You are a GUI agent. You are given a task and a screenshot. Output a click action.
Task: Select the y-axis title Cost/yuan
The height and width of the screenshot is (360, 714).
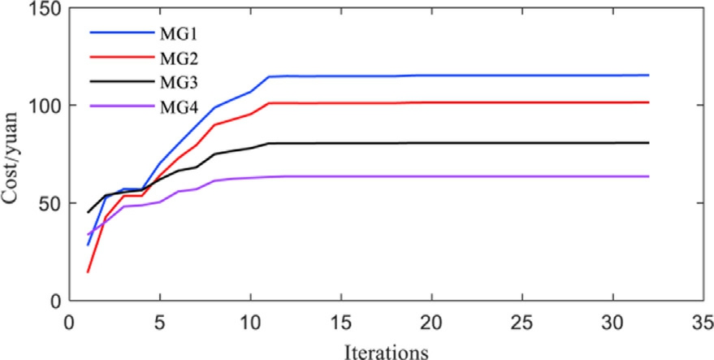12,154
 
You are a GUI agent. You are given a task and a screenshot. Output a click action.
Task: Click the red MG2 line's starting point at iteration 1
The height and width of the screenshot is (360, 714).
88,272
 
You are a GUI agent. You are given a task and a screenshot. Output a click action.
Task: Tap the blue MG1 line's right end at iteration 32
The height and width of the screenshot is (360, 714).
649,76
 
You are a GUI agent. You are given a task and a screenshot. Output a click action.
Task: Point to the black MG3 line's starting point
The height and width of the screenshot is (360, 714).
88,212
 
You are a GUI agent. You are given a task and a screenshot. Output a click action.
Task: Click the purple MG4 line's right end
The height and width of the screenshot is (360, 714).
649,176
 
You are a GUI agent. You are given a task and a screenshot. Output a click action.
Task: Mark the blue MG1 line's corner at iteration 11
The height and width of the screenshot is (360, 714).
269,76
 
